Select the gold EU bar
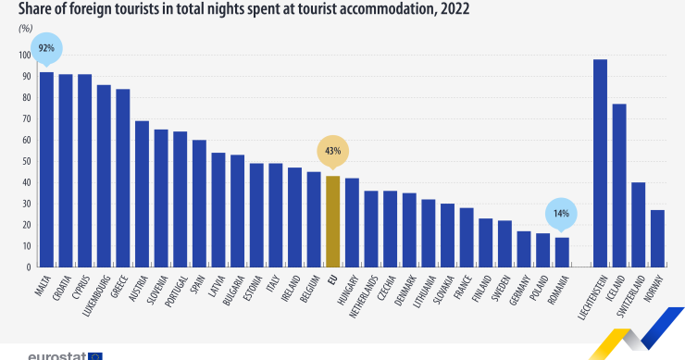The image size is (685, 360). [332, 221]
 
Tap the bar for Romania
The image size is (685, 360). [561, 252]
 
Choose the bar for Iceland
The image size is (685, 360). [618, 185]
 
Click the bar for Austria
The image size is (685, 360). [142, 193]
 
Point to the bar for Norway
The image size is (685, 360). [657, 238]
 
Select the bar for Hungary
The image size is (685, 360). [352, 222]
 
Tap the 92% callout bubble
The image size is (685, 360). [46, 47]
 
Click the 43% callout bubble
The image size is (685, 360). [332, 150]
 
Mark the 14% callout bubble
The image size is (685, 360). [561, 213]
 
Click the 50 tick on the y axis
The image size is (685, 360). [27, 161]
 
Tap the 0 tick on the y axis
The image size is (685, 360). [29, 267]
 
